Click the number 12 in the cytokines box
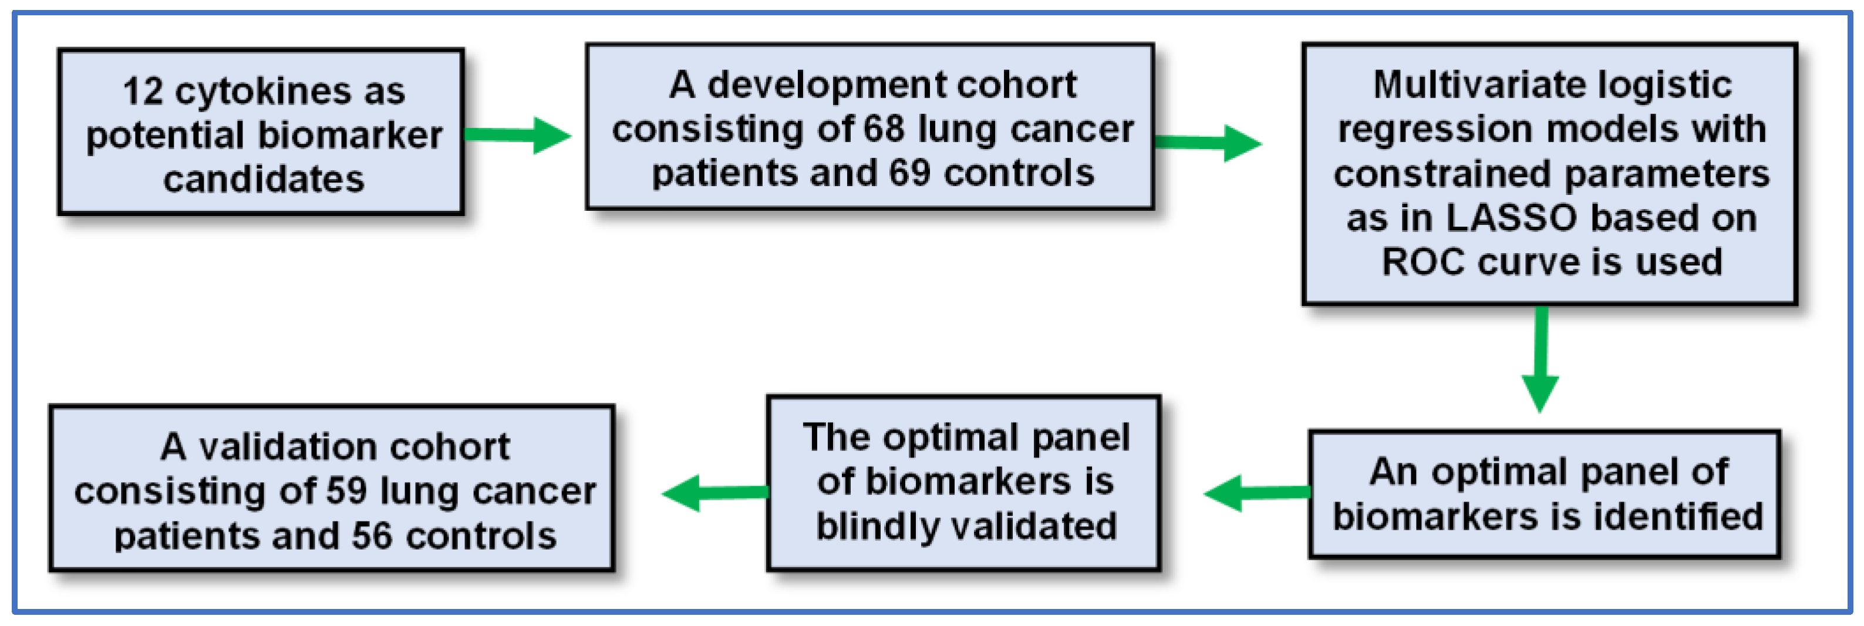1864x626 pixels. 143,91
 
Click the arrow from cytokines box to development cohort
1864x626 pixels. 517,135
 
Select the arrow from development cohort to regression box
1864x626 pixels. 1208,143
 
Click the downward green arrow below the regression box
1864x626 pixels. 1541,359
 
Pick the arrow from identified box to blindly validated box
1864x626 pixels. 1257,493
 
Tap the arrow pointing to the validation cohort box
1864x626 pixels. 715,493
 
